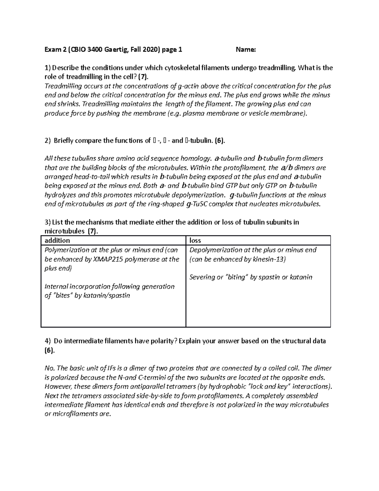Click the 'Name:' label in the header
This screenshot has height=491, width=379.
pos(246,49)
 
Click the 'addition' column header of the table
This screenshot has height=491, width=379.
pos(57,241)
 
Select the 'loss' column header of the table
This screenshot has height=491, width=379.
pos(195,241)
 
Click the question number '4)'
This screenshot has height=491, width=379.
pos(47,341)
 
